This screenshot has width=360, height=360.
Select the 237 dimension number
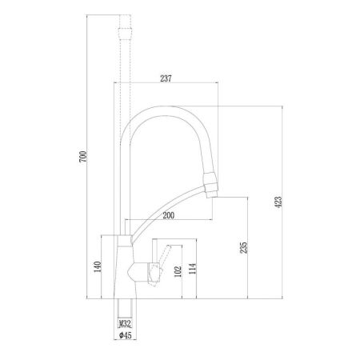(166, 78)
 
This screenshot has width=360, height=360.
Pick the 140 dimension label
(97, 267)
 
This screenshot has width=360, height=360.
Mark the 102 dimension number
(177, 272)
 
